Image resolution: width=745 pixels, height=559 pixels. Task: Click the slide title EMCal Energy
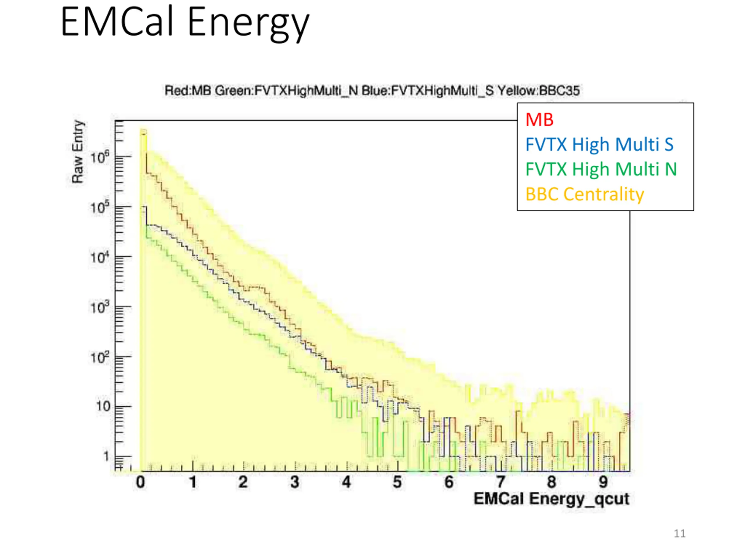tap(185, 23)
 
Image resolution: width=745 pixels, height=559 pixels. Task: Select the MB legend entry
tap(539, 120)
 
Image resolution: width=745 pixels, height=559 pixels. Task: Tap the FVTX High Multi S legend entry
tap(599, 144)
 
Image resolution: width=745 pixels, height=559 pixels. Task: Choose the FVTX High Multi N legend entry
tap(601, 169)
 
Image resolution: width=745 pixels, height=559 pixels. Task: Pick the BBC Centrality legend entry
tap(585, 194)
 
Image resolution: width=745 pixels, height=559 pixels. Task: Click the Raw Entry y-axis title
tap(77, 152)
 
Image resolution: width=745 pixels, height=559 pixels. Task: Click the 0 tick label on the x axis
tap(141, 482)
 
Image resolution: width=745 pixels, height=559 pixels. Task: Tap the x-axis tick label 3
tap(295, 482)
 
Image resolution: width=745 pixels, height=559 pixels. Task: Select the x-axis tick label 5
tap(398, 482)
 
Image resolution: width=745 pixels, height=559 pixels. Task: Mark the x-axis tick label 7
tap(501, 482)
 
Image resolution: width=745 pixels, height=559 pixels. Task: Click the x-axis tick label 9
tap(603, 482)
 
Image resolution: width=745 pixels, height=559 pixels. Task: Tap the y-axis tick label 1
tap(107, 457)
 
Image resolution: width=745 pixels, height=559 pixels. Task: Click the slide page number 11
tap(680, 534)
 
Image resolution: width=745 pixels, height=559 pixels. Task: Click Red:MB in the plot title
tap(188, 91)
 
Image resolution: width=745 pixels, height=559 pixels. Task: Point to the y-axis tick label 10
tap(103, 406)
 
